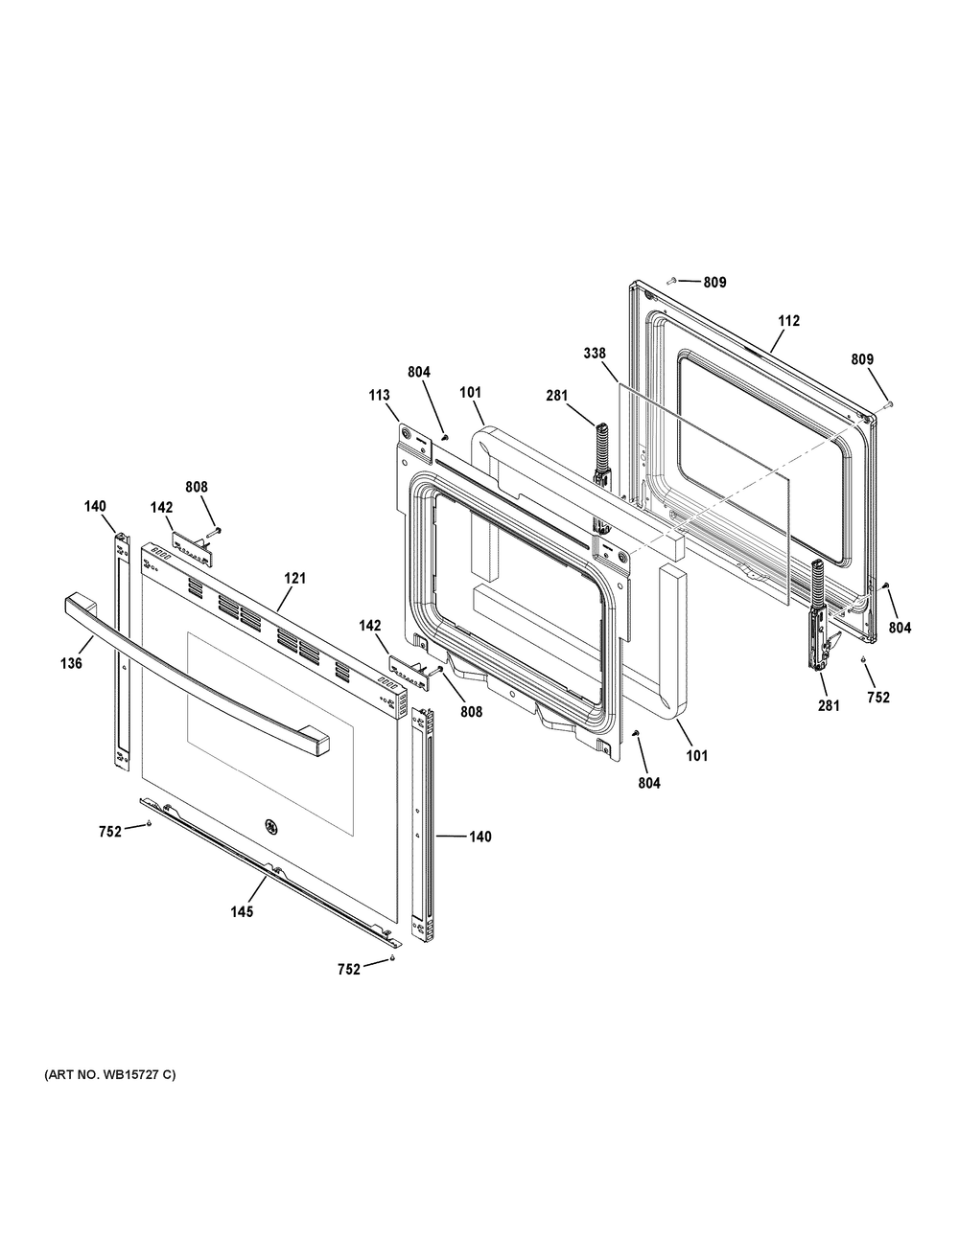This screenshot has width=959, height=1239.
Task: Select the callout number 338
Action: click(594, 354)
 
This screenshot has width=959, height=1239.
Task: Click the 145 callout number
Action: click(241, 911)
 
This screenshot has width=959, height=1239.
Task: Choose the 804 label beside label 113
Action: click(419, 373)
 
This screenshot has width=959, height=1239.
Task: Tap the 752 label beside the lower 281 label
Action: click(877, 698)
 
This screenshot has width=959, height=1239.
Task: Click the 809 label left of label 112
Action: click(714, 283)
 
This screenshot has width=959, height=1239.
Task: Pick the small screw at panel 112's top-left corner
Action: click(671, 280)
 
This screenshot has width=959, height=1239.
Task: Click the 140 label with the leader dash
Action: click(479, 837)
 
